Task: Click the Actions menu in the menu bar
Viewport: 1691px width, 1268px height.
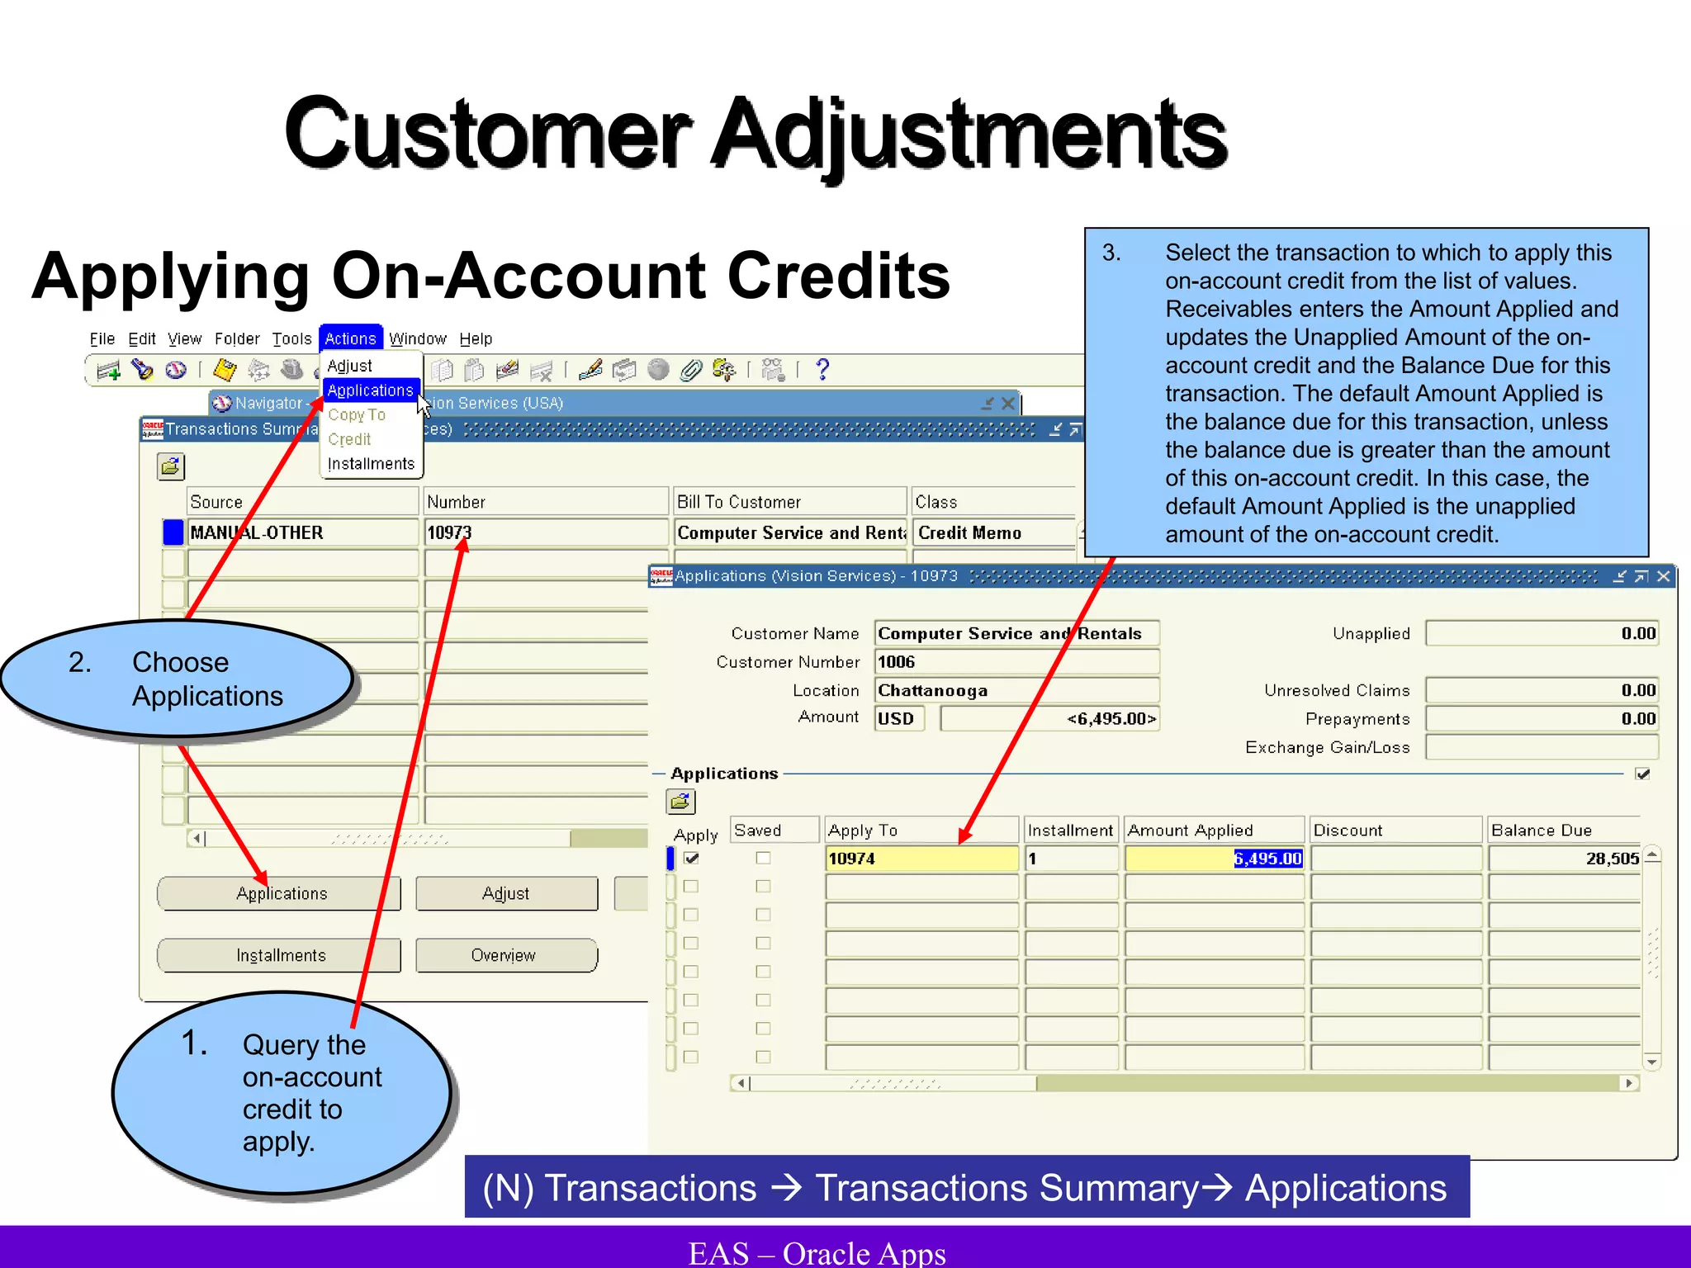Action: coord(350,338)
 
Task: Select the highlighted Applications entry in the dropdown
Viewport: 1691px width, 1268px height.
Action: coord(370,390)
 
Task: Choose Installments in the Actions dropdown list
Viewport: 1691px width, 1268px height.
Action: coord(371,464)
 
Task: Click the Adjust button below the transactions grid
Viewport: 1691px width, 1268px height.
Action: coord(506,893)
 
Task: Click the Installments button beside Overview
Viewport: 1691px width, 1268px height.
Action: coord(280,955)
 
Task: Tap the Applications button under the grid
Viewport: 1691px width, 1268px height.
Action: coord(280,893)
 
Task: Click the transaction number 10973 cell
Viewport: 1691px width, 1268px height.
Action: coord(545,532)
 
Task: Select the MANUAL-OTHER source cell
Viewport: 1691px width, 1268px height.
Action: coord(302,532)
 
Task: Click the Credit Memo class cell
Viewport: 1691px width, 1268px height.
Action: coord(993,532)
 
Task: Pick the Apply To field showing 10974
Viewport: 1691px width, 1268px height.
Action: coord(921,859)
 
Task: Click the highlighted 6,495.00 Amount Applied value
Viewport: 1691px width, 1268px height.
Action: coord(1267,859)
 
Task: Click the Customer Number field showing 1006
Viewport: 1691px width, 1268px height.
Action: coord(1016,661)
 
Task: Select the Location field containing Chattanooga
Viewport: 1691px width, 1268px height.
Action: coord(1016,690)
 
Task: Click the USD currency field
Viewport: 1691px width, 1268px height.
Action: coord(898,718)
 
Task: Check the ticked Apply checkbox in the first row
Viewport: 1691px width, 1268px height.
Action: coord(692,859)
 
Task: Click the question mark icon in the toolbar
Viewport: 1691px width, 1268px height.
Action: coord(822,369)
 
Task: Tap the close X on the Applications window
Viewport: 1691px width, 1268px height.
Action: coord(1663,576)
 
